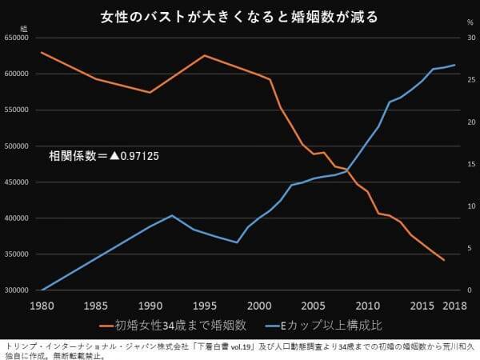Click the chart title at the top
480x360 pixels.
(239, 16)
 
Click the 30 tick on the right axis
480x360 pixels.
(471, 38)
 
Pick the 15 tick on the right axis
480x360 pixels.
(471, 164)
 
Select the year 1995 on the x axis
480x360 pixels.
(204, 306)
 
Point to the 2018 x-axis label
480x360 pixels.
(454, 306)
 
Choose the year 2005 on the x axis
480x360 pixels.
(313, 306)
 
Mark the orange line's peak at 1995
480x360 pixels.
(204, 55)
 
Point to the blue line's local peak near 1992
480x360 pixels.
(171, 215)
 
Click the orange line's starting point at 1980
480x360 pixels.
(41, 52)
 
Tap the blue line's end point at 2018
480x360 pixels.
(454, 65)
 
